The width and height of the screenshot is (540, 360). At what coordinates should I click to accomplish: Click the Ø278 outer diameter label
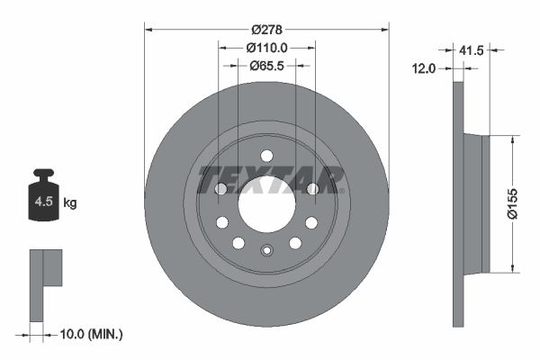coord(266,16)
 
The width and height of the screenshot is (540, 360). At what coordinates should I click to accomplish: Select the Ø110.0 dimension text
coord(266,47)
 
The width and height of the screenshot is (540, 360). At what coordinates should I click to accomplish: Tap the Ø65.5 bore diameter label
coord(266,65)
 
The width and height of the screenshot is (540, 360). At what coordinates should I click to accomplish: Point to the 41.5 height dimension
coord(471,51)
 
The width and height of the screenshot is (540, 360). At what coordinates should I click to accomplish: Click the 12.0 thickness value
coord(424,67)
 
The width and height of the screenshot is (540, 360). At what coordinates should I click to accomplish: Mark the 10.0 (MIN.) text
coord(89,334)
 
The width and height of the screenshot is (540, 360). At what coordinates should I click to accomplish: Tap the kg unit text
coord(70,203)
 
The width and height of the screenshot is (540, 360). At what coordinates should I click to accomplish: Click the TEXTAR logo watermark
coord(270,179)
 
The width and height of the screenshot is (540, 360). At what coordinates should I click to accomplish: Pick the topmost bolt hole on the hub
coord(266,156)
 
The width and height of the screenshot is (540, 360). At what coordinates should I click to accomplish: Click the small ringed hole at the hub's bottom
coord(266,251)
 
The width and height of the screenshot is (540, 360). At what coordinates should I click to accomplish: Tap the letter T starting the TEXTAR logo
coord(209,179)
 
